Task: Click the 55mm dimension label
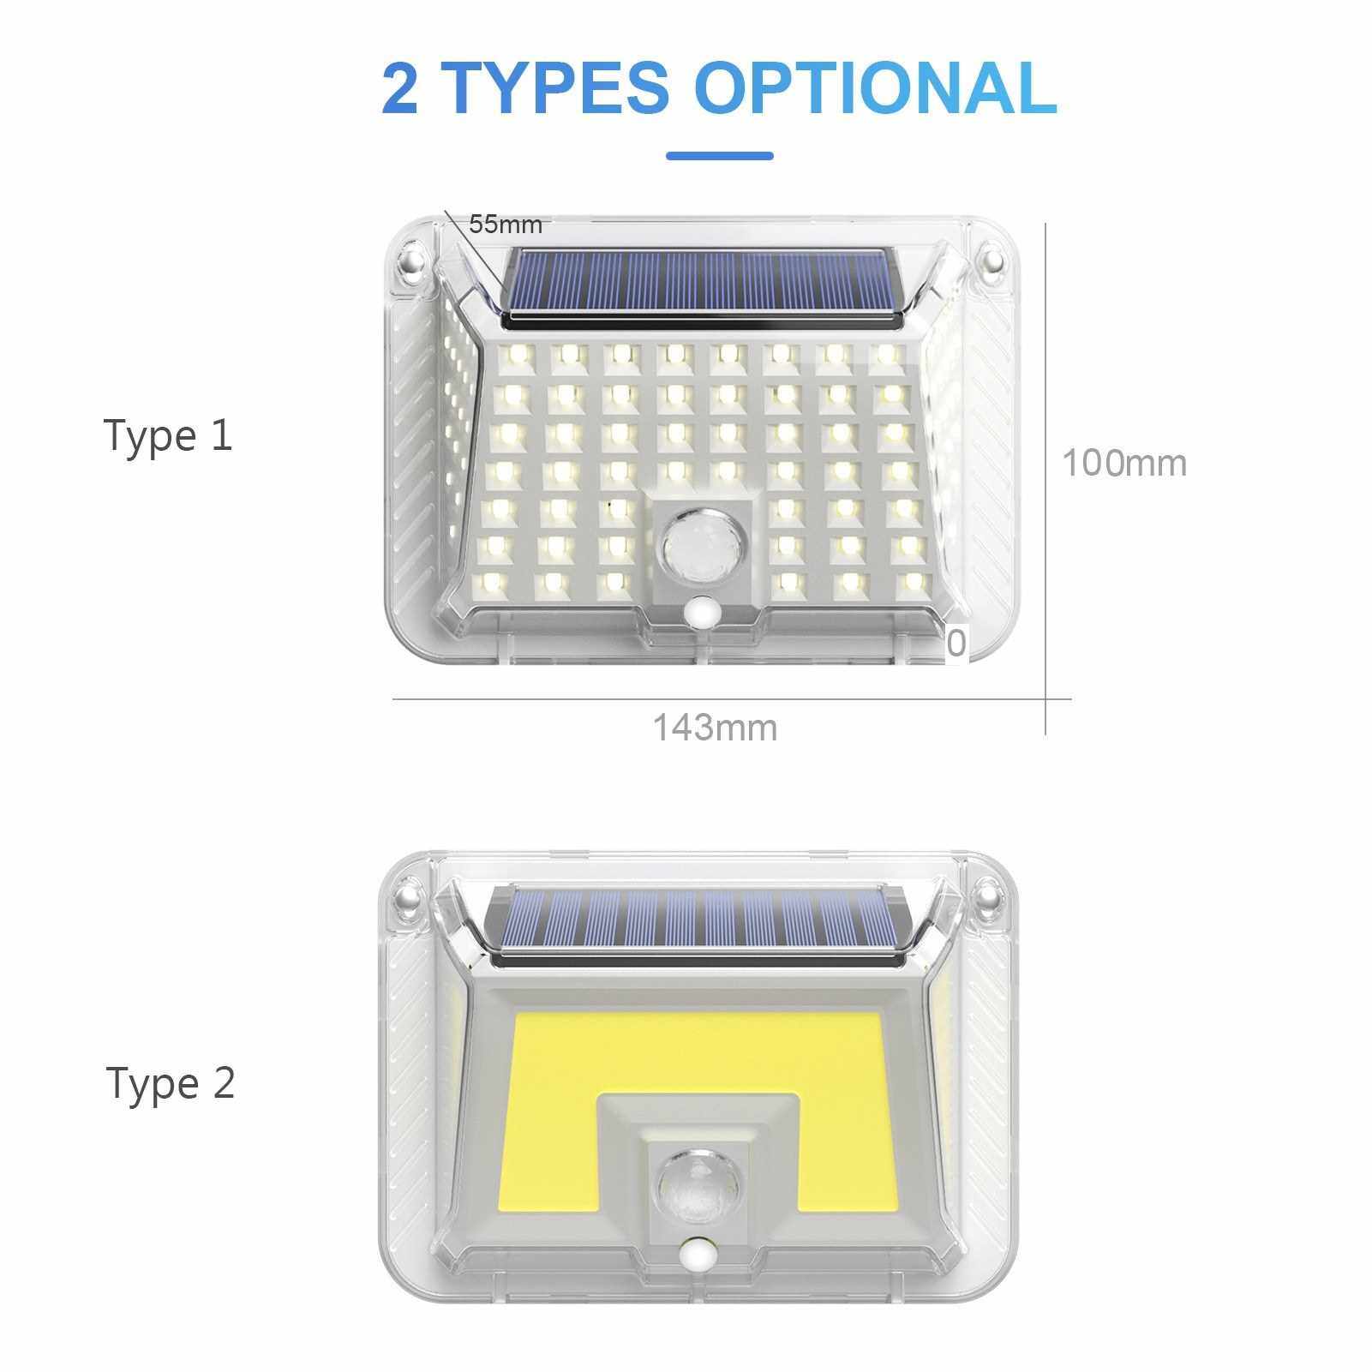(x=506, y=225)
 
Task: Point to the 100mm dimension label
(x=1124, y=463)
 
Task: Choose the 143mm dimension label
(x=716, y=728)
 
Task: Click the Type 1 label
(x=168, y=435)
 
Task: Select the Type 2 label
(x=171, y=1083)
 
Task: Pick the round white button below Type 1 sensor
(x=704, y=614)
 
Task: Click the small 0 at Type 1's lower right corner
(x=956, y=643)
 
